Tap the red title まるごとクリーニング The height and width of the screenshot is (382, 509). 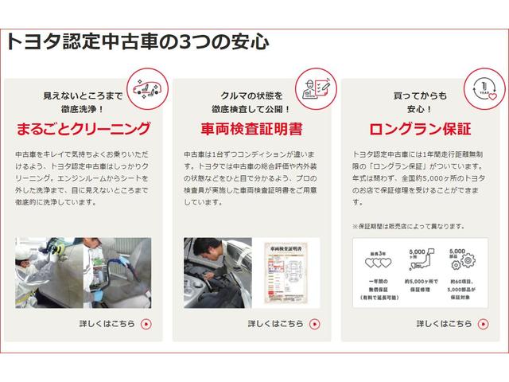[x=84, y=128]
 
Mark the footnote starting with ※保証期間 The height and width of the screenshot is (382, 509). [x=409, y=226]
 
